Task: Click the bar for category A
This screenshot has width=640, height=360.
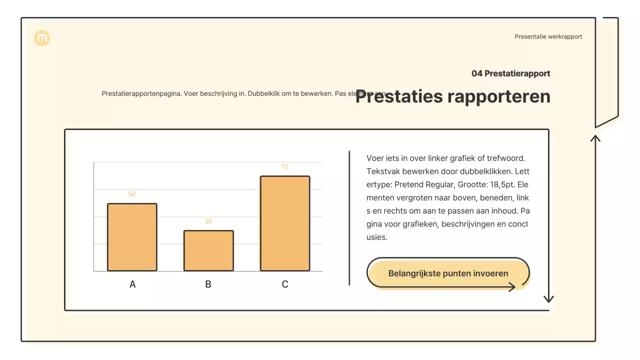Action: (x=132, y=237)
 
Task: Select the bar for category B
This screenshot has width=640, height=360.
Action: (x=208, y=250)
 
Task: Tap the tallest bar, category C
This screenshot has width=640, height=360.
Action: (x=285, y=223)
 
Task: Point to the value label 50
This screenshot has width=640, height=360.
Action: (x=132, y=194)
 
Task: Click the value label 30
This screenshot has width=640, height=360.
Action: (x=208, y=221)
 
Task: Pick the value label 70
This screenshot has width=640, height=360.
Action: (x=284, y=167)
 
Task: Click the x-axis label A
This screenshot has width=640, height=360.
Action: (x=132, y=284)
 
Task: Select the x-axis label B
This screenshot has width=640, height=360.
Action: (x=208, y=284)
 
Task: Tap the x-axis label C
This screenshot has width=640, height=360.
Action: (x=285, y=284)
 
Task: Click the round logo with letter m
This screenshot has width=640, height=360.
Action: (x=42, y=38)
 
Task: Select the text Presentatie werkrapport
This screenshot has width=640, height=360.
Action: (x=548, y=36)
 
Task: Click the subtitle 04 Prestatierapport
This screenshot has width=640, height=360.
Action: (x=510, y=73)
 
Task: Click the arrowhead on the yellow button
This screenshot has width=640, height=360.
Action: (x=512, y=287)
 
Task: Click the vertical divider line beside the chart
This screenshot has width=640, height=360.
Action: (x=349, y=218)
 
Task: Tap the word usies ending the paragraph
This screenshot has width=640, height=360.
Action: (x=377, y=237)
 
